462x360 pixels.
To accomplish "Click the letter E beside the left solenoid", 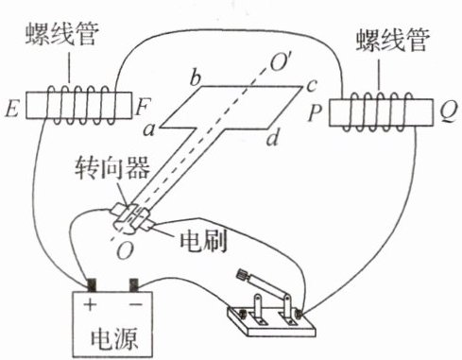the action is (x=12, y=110).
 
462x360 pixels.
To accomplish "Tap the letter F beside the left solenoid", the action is (x=143, y=107).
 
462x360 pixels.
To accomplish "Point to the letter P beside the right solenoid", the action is (x=316, y=112).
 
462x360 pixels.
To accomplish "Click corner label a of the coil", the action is (x=149, y=130).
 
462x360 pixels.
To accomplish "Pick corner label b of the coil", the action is (x=196, y=77).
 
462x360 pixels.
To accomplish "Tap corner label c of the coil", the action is (x=311, y=85).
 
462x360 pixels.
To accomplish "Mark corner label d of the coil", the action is (x=273, y=137).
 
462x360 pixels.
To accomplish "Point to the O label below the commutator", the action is (x=126, y=250).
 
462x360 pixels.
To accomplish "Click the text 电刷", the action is (x=203, y=242).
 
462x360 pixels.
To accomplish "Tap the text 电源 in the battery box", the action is (x=113, y=339).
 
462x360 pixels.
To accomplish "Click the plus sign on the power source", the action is (x=90, y=304).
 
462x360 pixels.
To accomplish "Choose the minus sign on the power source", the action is (x=136, y=304).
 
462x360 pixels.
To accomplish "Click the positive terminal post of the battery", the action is (x=91, y=284).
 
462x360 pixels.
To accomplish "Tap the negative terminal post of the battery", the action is (x=134, y=284).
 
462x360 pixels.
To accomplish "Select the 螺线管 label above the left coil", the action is (x=62, y=34).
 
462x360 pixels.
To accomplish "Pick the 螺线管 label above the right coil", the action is (x=393, y=41).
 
